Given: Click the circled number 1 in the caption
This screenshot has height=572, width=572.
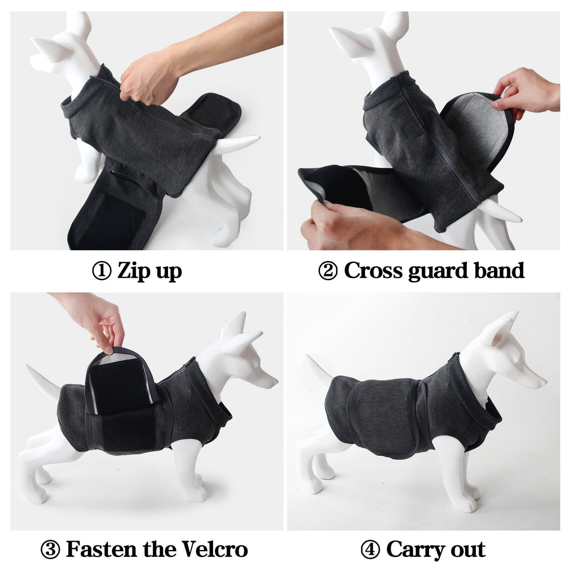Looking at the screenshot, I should [102, 271].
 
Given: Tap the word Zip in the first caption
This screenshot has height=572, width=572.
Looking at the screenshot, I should [132, 271].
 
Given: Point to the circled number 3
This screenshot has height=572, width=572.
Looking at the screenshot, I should [50, 550].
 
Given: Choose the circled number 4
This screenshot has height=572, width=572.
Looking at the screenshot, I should [370, 550].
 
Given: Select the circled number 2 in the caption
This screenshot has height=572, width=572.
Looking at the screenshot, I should [328, 271].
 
